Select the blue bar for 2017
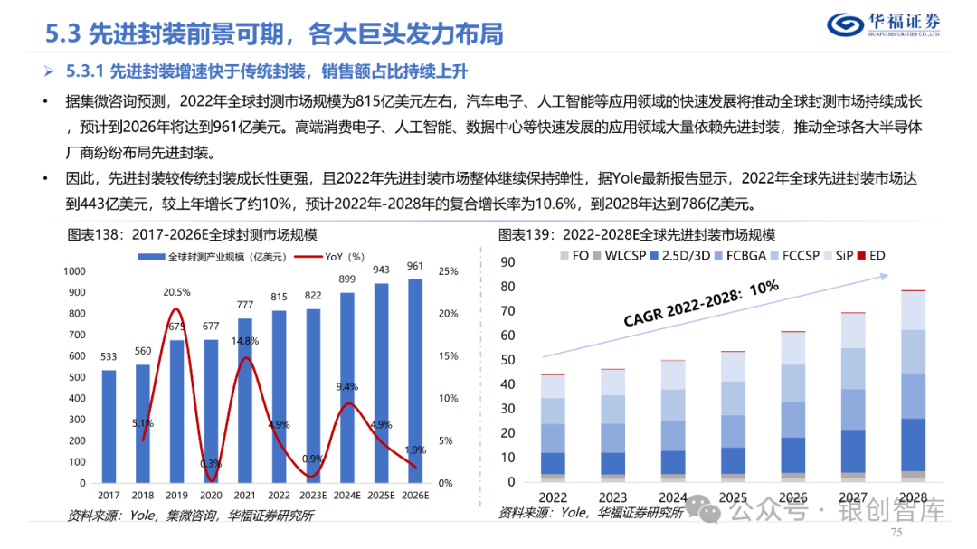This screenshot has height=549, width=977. click(x=109, y=426)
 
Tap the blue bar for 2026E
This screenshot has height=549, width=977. click(x=414, y=381)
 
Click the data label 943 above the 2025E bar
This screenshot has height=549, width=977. click(x=383, y=270)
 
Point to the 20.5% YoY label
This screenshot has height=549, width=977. click(x=176, y=292)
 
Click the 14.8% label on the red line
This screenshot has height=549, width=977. click(x=245, y=341)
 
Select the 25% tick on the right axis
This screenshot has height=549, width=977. click(x=447, y=271)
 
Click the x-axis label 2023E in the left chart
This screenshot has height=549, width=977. click(x=312, y=495)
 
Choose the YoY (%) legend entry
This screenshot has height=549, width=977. click(x=334, y=257)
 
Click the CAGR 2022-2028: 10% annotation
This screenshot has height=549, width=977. click(x=700, y=305)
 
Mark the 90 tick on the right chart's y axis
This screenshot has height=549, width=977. click(x=507, y=262)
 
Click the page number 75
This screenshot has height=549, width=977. click(x=898, y=533)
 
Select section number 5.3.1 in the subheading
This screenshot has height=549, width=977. click(x=89, y=71)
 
